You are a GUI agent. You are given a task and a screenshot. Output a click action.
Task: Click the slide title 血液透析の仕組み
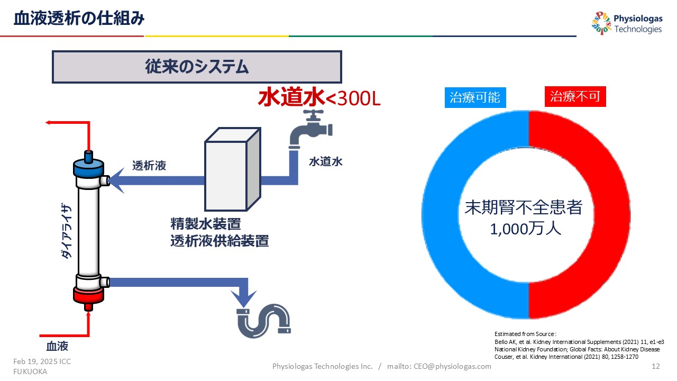[x=79, y=19]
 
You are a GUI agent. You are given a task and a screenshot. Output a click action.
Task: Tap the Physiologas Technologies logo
[x=627, y=24]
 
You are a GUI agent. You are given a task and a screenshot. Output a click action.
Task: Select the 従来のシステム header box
[x=197, y=67]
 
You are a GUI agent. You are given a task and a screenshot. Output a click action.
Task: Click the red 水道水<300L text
[x=319, y=98]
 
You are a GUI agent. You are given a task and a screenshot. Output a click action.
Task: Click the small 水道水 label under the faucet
[x=326, y=162]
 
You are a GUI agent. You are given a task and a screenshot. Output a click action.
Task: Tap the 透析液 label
[x=149, y=166]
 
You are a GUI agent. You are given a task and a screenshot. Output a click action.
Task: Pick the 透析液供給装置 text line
[x=219, y=241]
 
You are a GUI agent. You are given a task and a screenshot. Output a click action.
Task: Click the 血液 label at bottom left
[x=57, y=347]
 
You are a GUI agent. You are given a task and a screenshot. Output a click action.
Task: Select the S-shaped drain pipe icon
[x=263, y=321]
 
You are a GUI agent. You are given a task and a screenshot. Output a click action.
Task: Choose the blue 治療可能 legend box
[x=474, y=97]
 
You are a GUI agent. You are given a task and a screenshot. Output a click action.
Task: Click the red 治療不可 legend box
[x=575, y=97]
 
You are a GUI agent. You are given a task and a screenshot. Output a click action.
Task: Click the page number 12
[x=656, y=366]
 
